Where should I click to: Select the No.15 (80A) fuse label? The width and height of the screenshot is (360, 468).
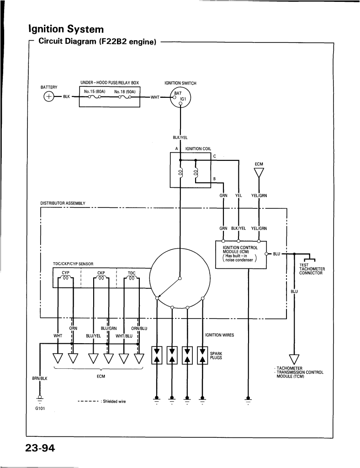[x=95, y=91]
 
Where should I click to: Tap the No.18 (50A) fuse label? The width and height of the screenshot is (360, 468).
[x=125, y=91]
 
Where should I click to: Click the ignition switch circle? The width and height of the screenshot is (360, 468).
[x=180, y=98]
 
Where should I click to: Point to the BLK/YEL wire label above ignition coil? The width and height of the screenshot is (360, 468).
[x=180, y=137]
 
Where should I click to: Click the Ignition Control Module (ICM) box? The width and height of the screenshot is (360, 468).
[x=239, y=254]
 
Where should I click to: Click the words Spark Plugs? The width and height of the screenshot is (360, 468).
[x=216, y=356]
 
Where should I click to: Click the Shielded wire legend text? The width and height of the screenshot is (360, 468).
[x=114, y=401]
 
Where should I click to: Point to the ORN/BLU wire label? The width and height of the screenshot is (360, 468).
[x=139, y=328]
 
